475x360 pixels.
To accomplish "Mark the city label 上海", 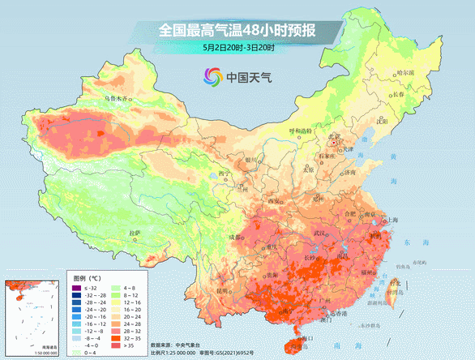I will coord(392,220).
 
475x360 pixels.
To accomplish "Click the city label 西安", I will coord(274,201).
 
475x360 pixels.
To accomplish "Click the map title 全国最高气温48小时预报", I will coord(237,30).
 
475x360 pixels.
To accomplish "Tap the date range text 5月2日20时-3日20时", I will coord(238,48).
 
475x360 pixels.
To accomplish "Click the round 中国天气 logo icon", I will coord(212,78).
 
